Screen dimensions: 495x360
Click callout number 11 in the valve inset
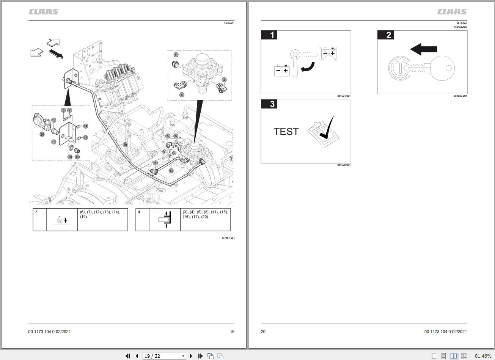pyautogui.click(x=176, y=55)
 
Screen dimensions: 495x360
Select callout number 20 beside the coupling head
pyautogui.click(x=42, y=134)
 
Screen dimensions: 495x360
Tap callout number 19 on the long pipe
pyautogui.click(x=125, y=145)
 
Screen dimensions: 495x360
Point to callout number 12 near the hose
pyautogui.click(x=171, y=171)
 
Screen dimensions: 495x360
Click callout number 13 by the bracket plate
pyautogui.click(x=54, y=142)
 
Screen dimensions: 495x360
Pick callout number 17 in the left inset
pyautogui.click(x=54, y=120)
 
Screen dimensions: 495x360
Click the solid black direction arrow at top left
pyautogui.click(x=56, y=54)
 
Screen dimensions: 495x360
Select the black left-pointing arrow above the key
pyautogui.click(x=424, y=49)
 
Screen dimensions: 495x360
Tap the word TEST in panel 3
pyautogui.click(x=286, y=132)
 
